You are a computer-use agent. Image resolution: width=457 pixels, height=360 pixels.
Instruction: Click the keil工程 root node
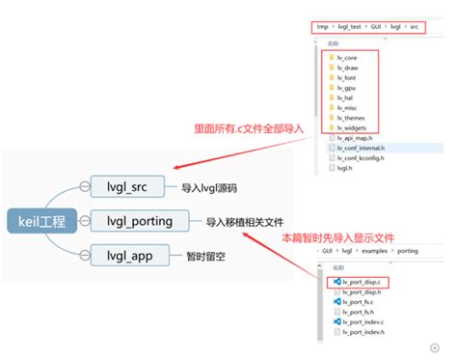41,222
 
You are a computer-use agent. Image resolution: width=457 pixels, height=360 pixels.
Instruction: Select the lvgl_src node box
131,186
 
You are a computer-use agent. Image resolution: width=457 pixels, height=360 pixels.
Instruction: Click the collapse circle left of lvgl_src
85,186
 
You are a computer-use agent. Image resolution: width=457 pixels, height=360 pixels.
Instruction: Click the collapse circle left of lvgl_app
85,256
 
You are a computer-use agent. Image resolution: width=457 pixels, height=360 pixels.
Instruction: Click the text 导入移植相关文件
245,222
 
